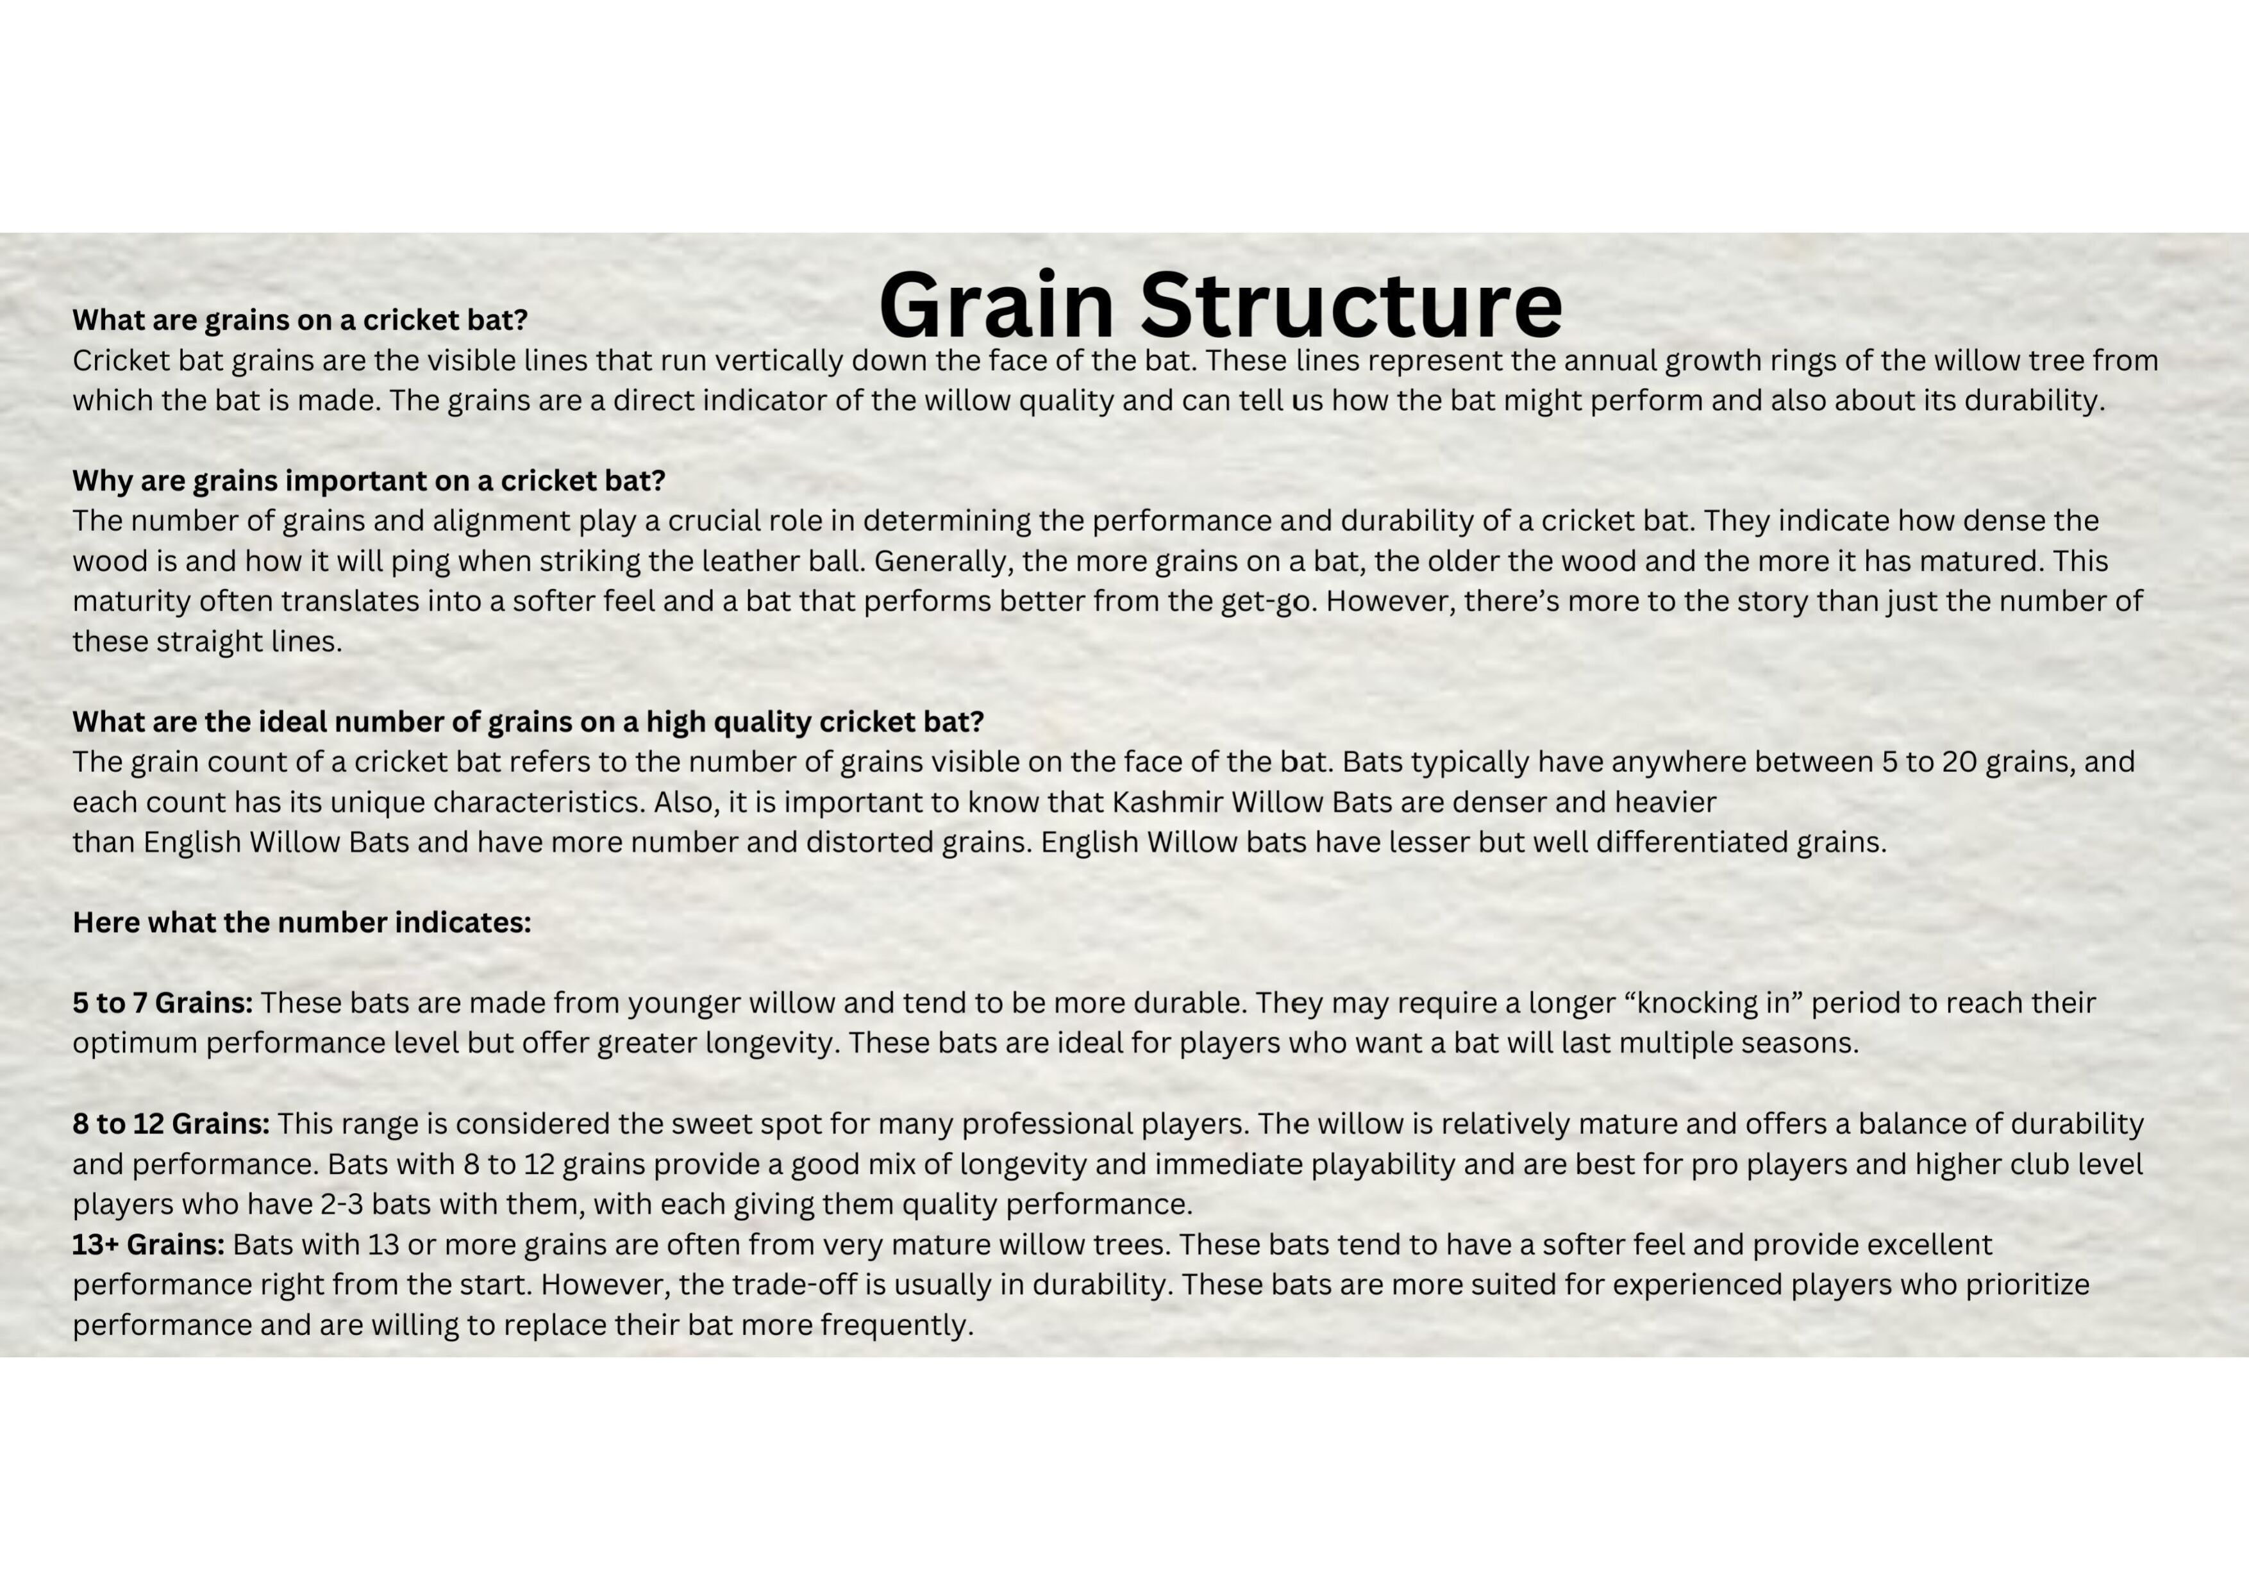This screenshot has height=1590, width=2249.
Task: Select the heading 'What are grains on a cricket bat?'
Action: pos(300,321)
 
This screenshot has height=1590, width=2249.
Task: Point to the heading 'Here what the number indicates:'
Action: pos(302,923)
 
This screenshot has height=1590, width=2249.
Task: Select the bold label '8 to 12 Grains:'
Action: pos(171,1124)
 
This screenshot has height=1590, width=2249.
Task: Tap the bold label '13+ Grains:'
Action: pos(148,1244)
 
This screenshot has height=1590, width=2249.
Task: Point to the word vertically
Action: pos(779,360)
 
